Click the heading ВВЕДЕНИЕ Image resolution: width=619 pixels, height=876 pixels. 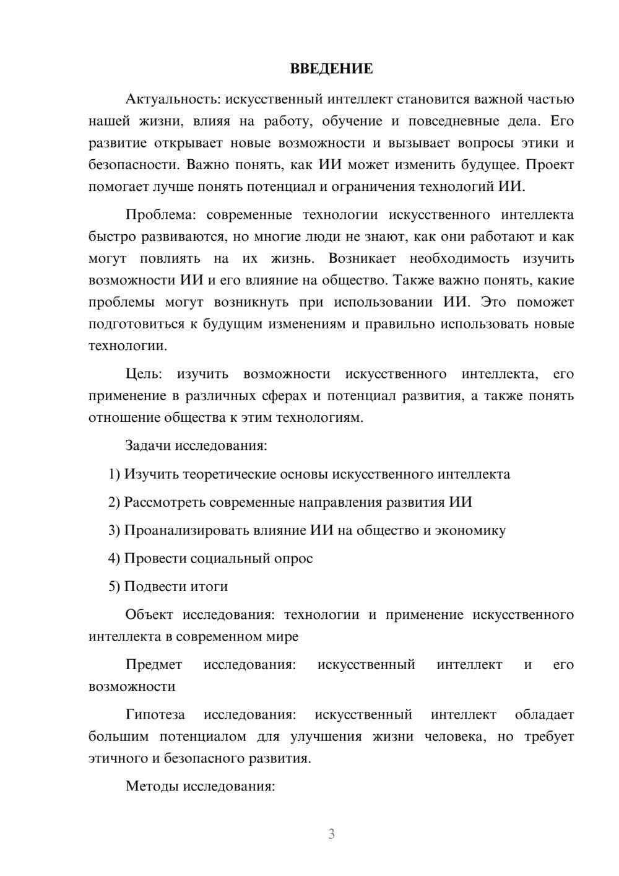pyautogui.click(x=331, y=69)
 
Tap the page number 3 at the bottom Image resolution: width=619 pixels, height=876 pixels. pyautogui.click(x=331, y=834)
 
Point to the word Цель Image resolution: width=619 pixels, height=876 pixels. pyautogui.click(x=144, y=374)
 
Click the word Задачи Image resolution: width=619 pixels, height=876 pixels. pyautogui.click(x=149, y=445)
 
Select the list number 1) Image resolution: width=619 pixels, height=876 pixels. pyautogui.click(x=115, y=475)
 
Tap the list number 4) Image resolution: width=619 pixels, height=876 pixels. pyautogui.click(x=115, y=558)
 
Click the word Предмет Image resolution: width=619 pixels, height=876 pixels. pyautogui.click(x=154, y=665)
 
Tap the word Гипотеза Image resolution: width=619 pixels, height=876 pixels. pyautogui.click(x=155, y=715)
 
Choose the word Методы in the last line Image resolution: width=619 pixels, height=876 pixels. pyautogui.click(x=152, y=787)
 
